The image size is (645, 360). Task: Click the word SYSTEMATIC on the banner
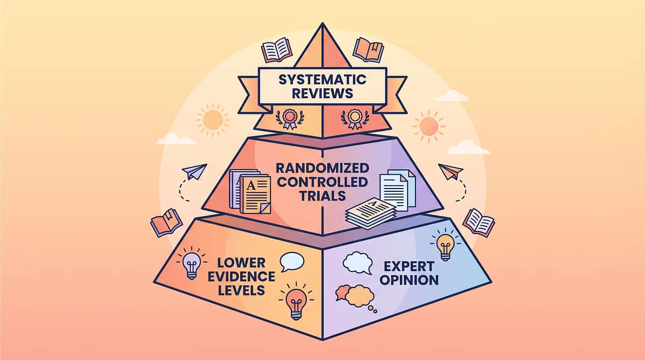(x=322, y=80)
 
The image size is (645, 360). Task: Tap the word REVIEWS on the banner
(x=322, y=93)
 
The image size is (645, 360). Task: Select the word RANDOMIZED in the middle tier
(x=322, y=168)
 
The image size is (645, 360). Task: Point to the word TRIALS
(x=322, y=196)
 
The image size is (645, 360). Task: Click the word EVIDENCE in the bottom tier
(x=241, y=277)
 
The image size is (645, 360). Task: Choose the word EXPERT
(x=409, y=267)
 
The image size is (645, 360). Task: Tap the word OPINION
(x=409, y=280)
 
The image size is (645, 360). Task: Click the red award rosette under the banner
(x=290, y=119)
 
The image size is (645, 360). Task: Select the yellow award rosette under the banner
(x=355, y=119)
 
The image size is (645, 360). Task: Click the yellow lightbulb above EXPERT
(x=445, y=245)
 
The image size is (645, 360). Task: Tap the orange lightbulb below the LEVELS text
(x=297, y=301)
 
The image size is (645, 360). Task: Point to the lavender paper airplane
(x=195, y=171)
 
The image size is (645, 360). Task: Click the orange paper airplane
(x=450, y=171)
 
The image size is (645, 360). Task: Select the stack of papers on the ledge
(x=370, y=213)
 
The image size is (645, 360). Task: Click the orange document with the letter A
(x=255, y=195)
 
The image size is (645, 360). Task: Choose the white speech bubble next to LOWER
(x=292, y=262)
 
